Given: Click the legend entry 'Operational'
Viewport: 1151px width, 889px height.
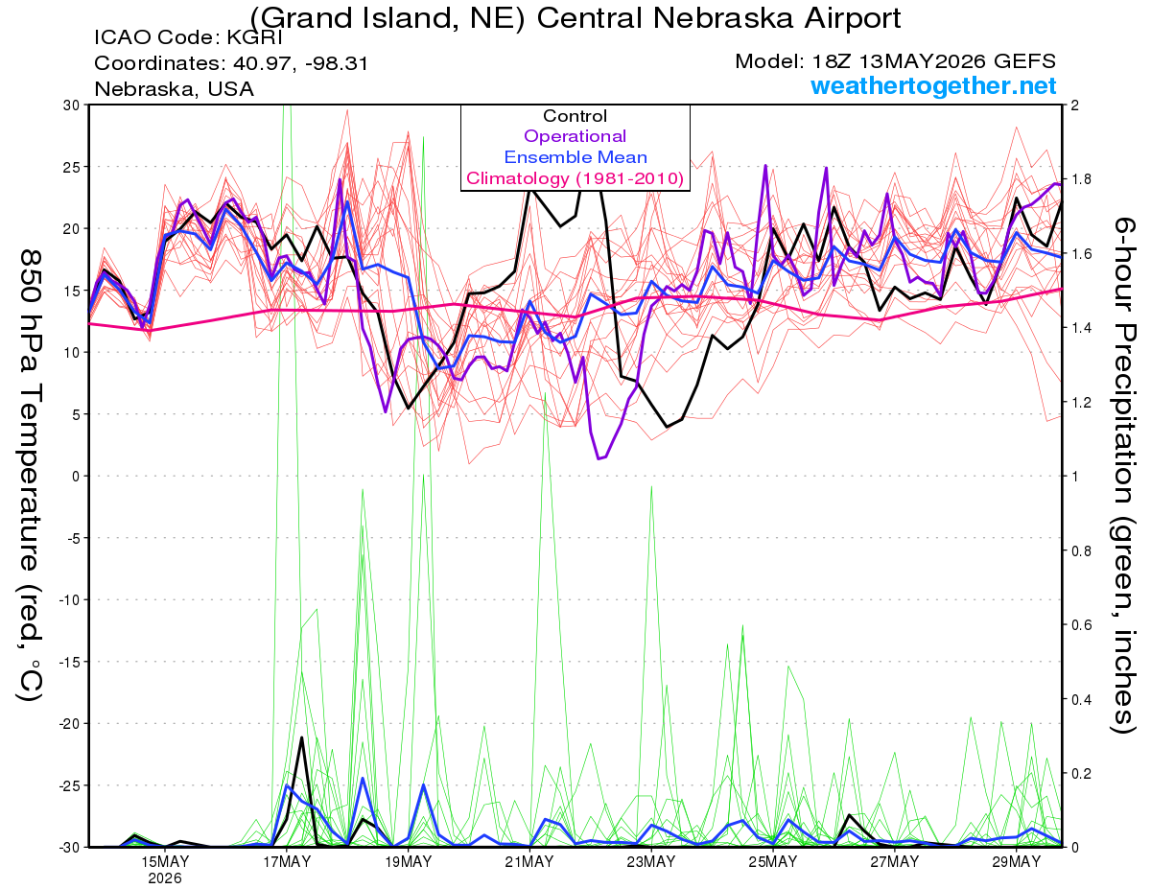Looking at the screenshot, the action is point(575,136).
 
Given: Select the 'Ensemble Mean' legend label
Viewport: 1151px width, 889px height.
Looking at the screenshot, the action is point(575,157).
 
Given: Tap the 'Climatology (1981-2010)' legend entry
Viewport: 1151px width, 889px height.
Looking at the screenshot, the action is point(575,178).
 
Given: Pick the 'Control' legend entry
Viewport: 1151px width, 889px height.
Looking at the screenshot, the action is point(575,115).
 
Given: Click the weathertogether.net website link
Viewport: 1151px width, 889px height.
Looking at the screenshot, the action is point(933,85).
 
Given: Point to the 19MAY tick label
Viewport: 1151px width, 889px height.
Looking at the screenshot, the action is point(408,862).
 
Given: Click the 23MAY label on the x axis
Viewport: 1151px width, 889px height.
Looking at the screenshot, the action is point(651,862).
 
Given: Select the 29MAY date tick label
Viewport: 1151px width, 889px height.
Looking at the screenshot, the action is point(1017,862).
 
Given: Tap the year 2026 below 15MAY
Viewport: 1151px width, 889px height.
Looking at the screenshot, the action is point(165,879).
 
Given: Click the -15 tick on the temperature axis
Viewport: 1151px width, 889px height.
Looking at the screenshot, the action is point(68,662).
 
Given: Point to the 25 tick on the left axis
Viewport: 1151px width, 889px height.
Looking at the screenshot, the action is point(71,167).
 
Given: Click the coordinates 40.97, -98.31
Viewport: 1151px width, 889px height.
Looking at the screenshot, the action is point(300,63).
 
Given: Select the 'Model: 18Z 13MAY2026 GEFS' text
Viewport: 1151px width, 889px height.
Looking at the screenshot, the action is point(895,61).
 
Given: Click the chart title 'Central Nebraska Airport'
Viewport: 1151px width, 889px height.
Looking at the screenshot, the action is point(718,18).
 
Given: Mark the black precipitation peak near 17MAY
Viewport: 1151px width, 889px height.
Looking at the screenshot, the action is point(301,737).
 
